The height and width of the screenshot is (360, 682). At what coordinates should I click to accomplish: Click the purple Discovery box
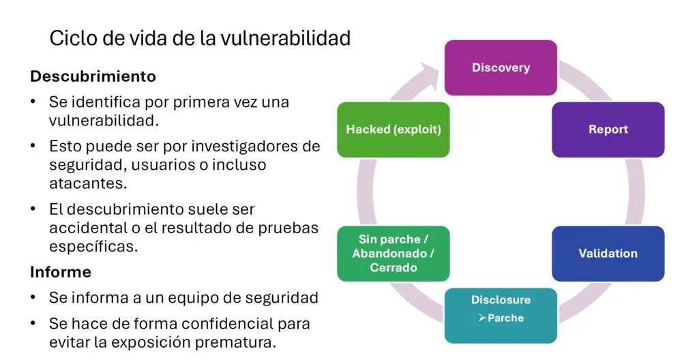point(501,67)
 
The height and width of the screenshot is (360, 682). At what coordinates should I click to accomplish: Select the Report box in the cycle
point(608,130)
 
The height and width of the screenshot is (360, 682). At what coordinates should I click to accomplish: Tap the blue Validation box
point(608,254)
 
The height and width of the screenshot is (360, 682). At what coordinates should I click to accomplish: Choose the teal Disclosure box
point(501,316)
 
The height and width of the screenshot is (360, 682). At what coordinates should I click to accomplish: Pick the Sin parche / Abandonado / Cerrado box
point(394,254)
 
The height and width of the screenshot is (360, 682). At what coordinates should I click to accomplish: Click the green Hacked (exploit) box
point(394,130)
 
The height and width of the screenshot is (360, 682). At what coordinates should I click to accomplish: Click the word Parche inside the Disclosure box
point(505,318)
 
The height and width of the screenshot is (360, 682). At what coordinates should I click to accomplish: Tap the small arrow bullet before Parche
point(482,318)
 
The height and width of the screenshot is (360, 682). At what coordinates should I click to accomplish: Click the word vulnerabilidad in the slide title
point(285,38)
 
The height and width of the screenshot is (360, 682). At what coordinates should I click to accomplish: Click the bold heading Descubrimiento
point(93,76)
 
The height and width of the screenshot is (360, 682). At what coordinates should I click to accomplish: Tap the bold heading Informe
point(61,272)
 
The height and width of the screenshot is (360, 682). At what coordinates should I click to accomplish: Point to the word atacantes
point(88,183)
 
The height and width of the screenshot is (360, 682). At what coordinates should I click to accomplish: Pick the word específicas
point(93,247)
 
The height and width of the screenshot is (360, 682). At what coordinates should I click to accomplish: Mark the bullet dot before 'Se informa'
point(33,298)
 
